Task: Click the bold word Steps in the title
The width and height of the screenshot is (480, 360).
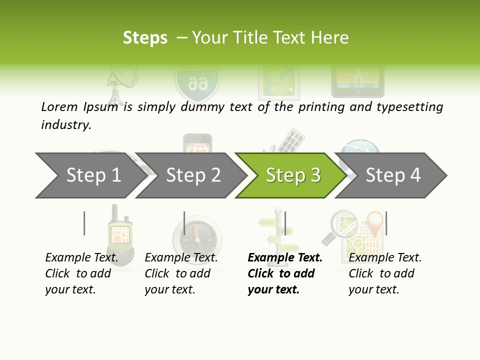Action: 145,38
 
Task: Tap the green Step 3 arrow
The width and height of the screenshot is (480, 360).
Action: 293,175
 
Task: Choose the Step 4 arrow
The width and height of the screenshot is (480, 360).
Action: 393,175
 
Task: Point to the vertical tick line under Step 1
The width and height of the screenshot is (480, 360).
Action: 84,223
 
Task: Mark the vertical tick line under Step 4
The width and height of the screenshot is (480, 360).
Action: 386,223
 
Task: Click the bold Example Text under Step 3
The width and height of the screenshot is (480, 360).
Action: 285,257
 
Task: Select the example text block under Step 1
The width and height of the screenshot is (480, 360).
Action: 81,273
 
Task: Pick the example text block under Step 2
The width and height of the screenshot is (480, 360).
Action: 181,273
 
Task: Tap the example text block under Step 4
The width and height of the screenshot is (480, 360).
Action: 385,273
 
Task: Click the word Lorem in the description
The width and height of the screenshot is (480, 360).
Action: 59,106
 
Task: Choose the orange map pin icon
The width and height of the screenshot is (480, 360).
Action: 374,220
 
